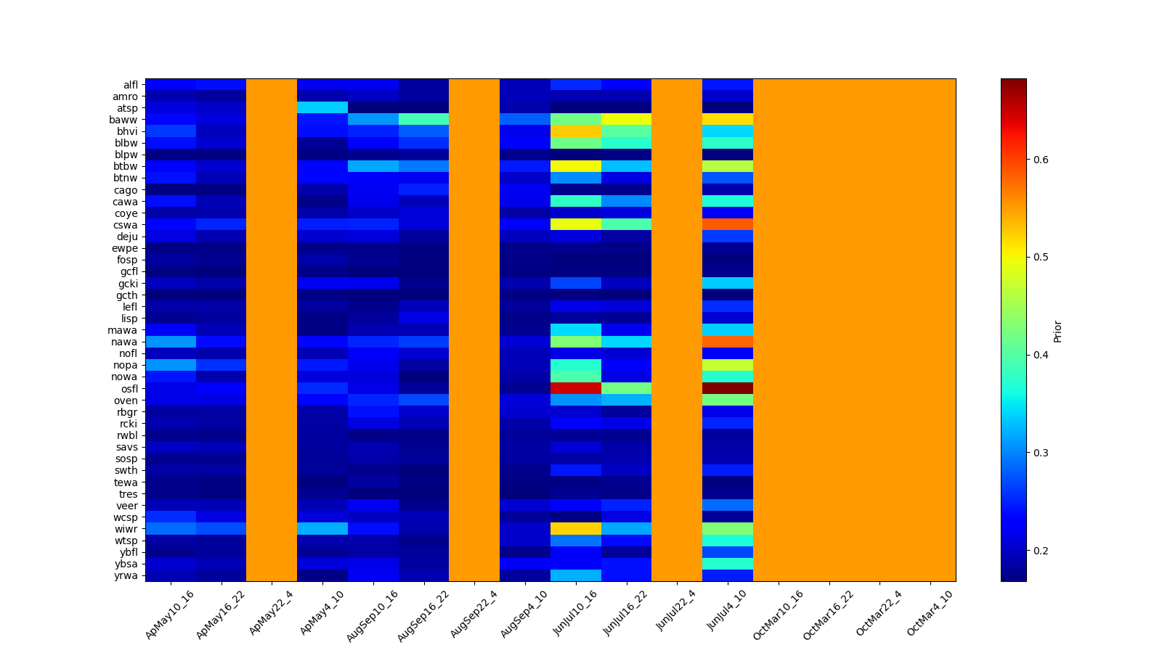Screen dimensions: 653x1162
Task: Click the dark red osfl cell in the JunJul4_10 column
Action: [x=727, y=388]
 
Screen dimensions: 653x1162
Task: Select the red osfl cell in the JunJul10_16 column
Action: [x=575, y=388]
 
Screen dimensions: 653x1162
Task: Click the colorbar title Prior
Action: [x=1057, y=330]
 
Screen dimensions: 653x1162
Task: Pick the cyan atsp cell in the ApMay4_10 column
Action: [x=322, y=107]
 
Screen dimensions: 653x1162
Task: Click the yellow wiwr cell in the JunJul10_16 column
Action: [x=575, y=529]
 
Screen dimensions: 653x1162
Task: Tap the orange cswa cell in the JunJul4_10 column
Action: [x=727, y=224]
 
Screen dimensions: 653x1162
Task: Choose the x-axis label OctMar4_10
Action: [x=930, y=613]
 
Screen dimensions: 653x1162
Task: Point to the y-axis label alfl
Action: [x=131, y=85]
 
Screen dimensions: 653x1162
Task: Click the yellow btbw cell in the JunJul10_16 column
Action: [x=575, y=166]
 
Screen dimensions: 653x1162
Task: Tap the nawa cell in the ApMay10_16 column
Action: [x=171, y=341]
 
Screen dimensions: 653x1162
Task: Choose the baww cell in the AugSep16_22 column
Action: [x=423, y=119]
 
